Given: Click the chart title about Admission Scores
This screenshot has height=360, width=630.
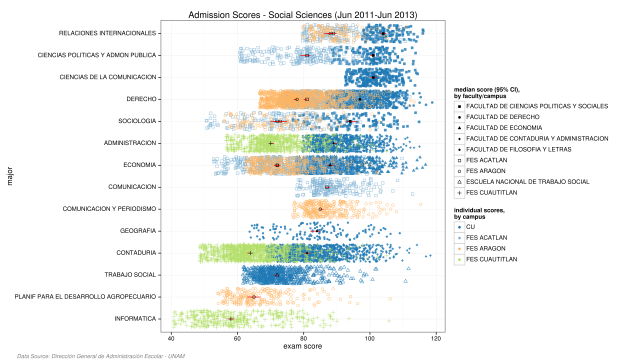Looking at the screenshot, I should click(x=302, y=15).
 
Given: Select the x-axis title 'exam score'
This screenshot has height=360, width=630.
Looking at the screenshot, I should click(x=302, y=346).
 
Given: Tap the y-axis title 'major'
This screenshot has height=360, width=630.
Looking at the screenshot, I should click(x=10, y=176).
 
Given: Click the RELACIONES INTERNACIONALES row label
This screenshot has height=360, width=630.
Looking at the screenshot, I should click(x=107, y=33).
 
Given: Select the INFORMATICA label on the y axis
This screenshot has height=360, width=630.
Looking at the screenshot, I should click(x=135, y=319).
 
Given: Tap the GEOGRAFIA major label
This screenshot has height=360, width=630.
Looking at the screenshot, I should click(x=138, y=231).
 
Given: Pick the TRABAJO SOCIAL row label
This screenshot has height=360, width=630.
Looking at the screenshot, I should click(x=130, y=275).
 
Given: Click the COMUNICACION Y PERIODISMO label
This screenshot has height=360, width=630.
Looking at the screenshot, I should click(x=109, y=209).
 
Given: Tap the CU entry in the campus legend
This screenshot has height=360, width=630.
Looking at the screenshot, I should click(x=470, y=227).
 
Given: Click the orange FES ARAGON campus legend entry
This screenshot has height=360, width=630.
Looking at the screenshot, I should click(x=485, y=248).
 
